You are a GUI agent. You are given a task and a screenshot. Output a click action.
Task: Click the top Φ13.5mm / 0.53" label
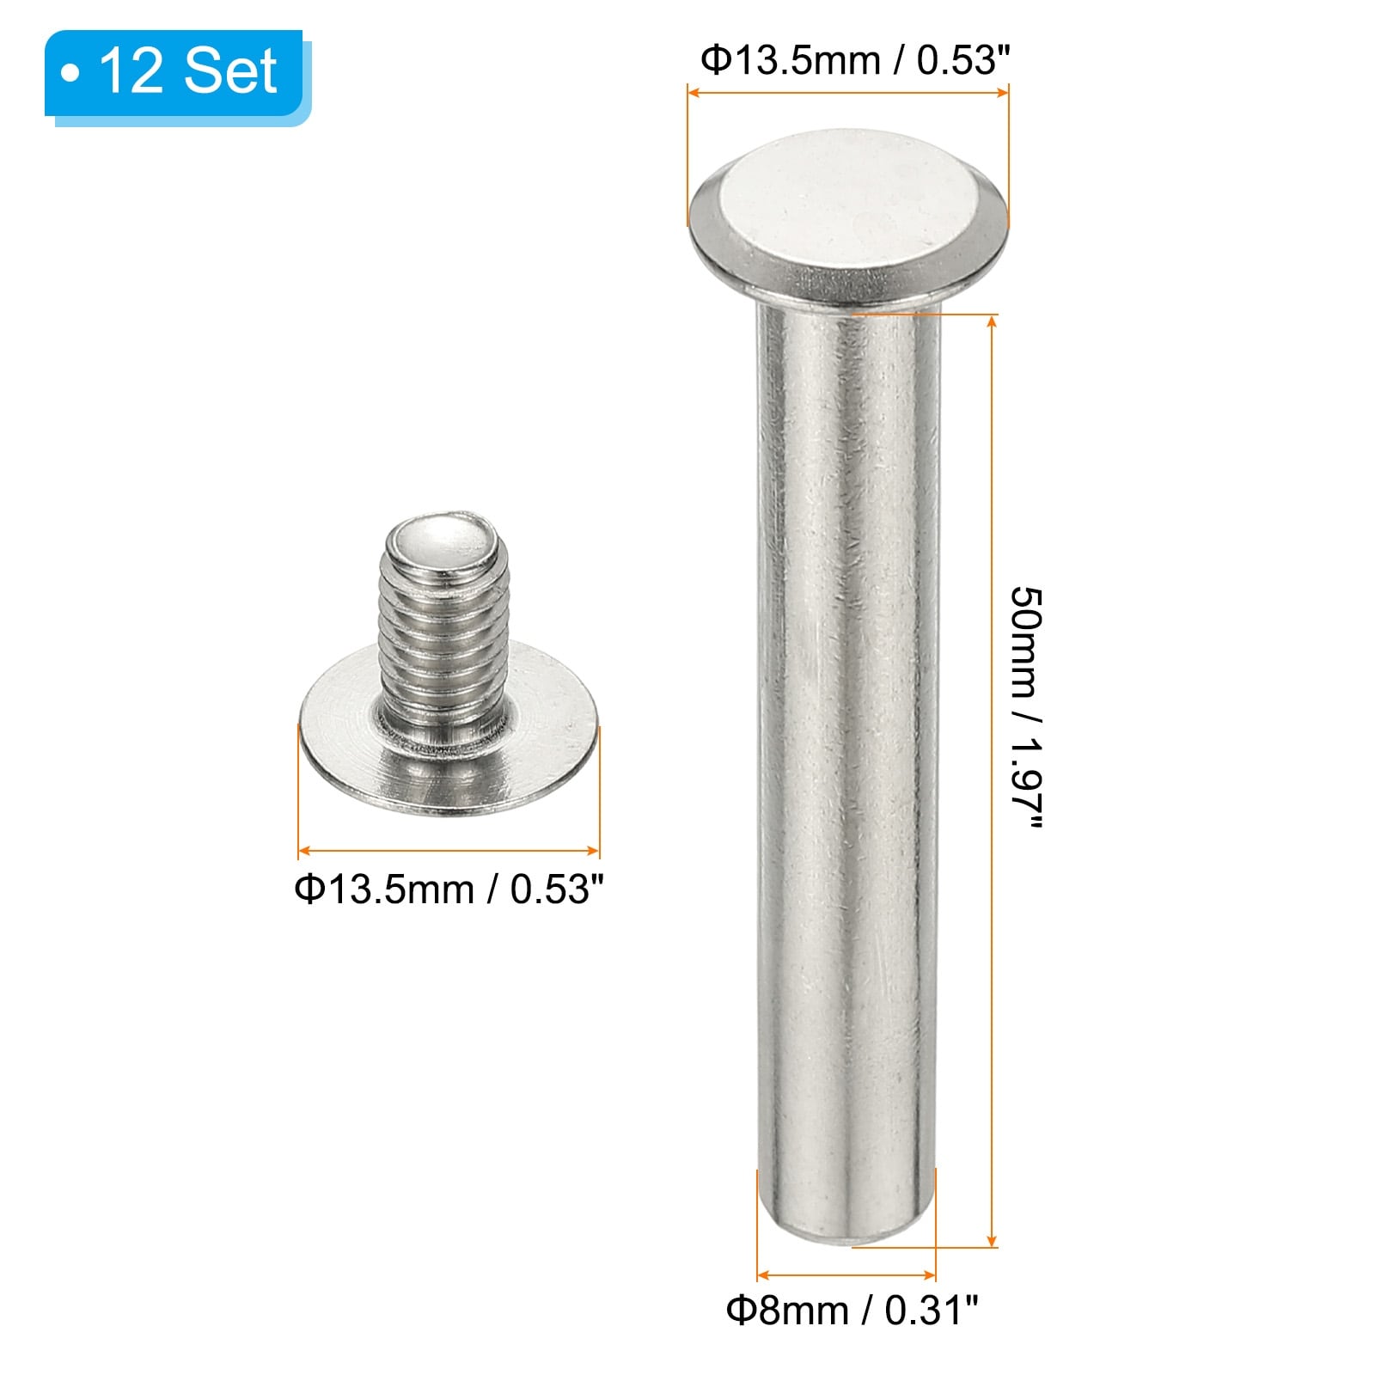854,60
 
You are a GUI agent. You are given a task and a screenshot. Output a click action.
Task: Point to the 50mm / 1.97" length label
1026,709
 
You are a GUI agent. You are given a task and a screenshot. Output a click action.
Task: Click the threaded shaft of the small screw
440,640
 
